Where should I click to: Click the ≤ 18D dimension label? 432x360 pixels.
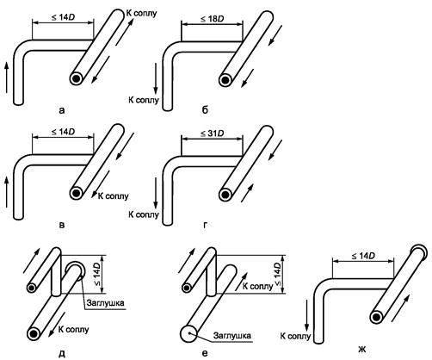(212, 19)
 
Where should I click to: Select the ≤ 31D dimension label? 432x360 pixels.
(212, 133)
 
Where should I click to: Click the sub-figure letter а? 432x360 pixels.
(62, 110)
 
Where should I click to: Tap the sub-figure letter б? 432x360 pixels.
(205, 109)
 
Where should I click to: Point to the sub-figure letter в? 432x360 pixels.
(62, 225)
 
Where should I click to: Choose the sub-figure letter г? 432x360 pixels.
(205, 225)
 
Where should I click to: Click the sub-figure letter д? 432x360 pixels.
(62, 354)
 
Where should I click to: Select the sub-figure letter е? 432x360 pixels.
(205, 353)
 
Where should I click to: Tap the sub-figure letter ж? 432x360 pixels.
(362, 350)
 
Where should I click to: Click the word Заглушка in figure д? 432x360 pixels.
(105, 303)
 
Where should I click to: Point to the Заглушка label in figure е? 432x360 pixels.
(232, 335)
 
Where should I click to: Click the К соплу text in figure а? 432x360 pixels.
(141, 13)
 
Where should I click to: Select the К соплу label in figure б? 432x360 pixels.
(143, 100)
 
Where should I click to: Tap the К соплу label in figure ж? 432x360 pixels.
(295, 336)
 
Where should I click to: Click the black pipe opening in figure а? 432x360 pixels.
(77, 78)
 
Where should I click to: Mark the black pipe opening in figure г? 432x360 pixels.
(225, 195)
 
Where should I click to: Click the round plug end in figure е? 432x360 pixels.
(188, 333)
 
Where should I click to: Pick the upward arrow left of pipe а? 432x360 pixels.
(6, 78)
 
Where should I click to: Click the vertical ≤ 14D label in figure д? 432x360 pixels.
(97, 274)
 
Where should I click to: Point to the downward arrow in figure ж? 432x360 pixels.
(307, 315)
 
